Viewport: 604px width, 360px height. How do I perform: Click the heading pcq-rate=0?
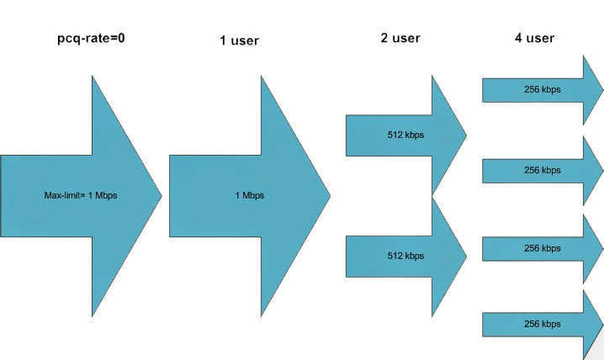point(80,40)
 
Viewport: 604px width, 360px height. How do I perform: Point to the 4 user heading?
point(534,38)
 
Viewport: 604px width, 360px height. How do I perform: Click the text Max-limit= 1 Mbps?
point(81,196)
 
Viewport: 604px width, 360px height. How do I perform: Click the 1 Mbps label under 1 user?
point(249,196)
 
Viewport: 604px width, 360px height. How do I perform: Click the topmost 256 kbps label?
point(542,89)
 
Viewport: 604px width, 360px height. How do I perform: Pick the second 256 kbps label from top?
point(542,170)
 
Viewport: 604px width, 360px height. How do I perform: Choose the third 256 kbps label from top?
point(542,248)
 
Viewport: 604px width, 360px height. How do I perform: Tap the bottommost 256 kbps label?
point(542,324)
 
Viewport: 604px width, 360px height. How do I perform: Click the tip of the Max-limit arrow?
point(161,195)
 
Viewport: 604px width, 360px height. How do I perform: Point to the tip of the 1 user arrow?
point(330,195)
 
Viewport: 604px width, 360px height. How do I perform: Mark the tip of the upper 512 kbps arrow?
point(466,135)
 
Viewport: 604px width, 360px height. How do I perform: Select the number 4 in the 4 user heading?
point(518,38)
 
